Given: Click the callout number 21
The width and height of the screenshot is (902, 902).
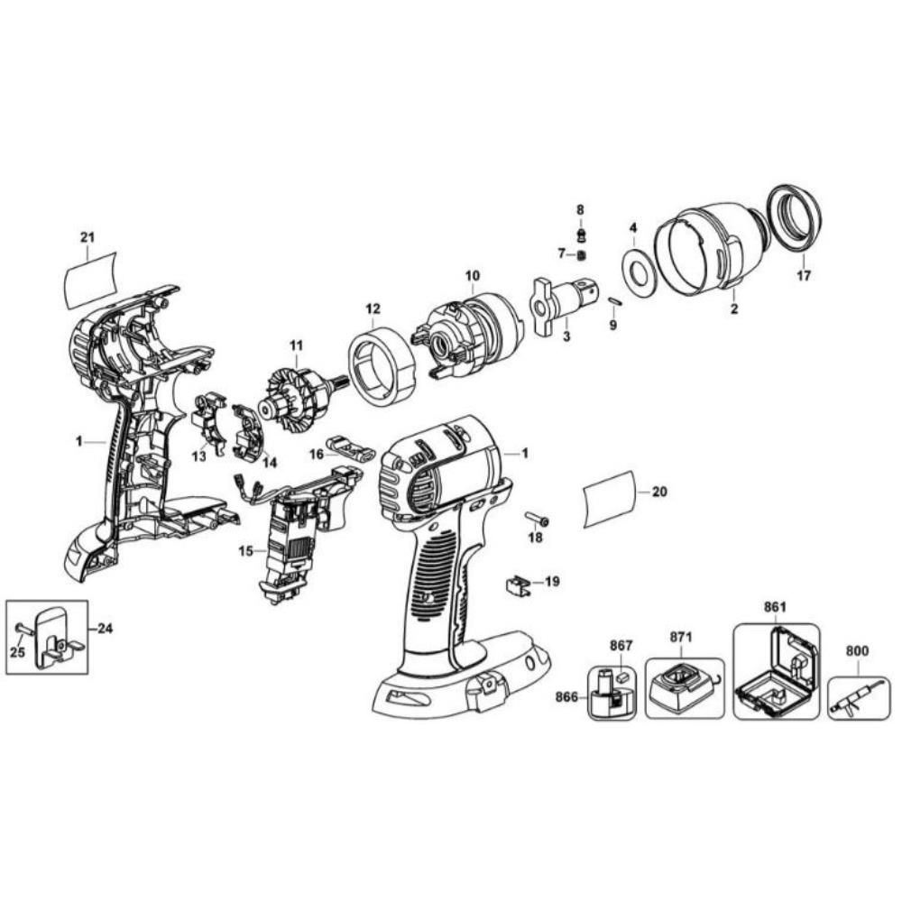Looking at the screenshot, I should (87, 237).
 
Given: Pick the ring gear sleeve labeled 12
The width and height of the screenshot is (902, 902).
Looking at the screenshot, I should (382, 366).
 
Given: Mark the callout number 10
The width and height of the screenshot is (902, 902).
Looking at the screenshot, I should (472, 276).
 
